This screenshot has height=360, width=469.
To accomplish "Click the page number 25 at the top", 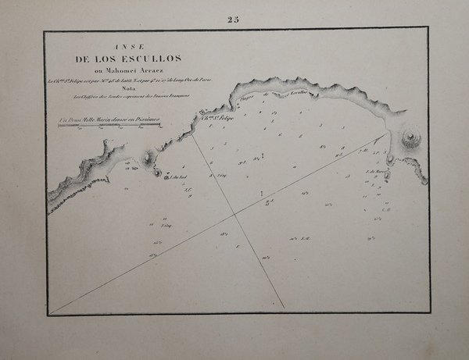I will point(232,20).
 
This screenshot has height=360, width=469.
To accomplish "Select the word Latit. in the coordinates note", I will point(134,79).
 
